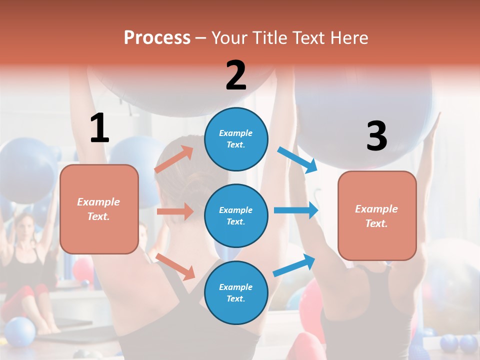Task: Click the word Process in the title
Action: pos(157,38)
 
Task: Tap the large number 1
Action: pos(99,128)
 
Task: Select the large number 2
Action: pos(236,75)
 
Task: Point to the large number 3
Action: pos(376,136)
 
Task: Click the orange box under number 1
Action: pos(99,209)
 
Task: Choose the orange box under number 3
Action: pos(377,215)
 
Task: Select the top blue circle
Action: pos(236,139)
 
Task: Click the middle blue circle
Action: pos(236,215)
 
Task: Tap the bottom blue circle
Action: pos(236,292)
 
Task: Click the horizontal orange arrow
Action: pos(175,211)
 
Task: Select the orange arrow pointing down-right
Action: pos(175,266)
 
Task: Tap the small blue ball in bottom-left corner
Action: pos(19,331)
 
